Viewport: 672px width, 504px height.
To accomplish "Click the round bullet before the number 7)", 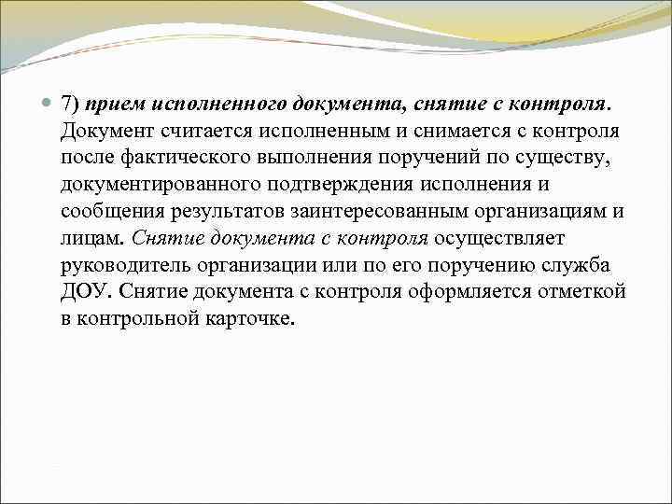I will point(48,103).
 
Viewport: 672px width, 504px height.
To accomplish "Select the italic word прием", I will point(109,102).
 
